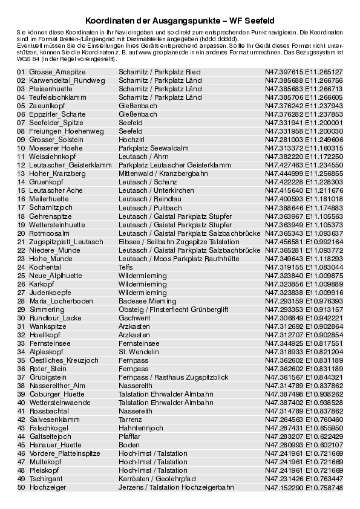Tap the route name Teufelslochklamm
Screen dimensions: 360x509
57,97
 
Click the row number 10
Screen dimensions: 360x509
21,148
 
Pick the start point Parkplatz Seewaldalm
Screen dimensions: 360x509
154,148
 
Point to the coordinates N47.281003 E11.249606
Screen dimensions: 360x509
304,140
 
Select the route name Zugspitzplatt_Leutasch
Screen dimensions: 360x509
66,241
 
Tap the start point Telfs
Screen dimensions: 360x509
125,267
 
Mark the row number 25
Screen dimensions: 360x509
21,275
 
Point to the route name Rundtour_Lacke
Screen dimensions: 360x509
55,317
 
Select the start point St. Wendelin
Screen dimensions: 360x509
139,351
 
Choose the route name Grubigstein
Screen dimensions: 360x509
47,377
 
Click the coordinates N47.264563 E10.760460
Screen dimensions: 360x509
304,419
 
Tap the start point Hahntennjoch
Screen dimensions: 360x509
141,427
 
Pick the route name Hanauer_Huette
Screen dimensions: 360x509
55,444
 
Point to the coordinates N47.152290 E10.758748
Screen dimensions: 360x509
304,487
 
